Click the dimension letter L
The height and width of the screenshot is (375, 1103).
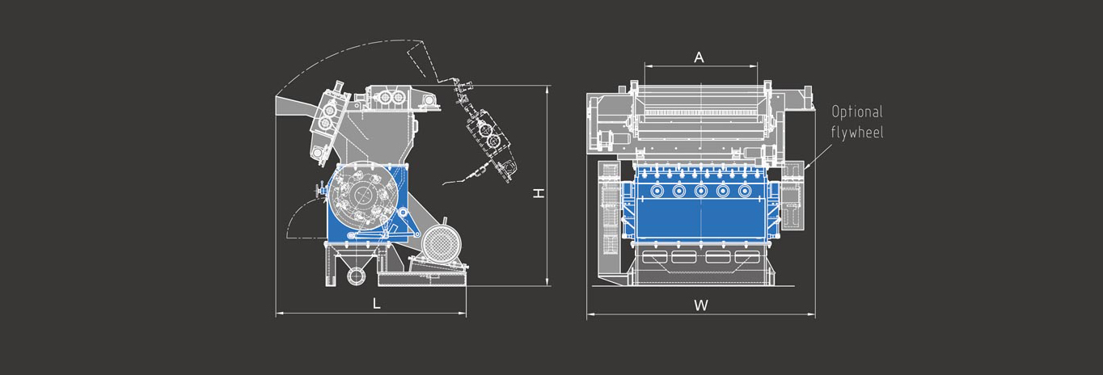click(x=377, y=304)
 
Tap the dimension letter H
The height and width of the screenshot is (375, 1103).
click(x=539, y=193)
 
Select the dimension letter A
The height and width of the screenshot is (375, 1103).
click(x=699, y=58)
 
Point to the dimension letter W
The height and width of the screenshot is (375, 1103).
click(x=701, y=305)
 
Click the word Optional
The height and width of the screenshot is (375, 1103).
click(x=857, y=112)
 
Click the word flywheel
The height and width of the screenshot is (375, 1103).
click(x=857, y=132)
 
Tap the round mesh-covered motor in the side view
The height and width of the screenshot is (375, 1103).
click(x=442, y=243)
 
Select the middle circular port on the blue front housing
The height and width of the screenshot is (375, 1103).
click(x=701, y=191)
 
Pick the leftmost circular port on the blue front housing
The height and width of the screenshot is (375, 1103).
click(x=657, y=191)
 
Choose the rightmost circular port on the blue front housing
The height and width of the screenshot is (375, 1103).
click(x=745, y=191)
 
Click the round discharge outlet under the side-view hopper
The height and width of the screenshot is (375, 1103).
click(x=356, y=276)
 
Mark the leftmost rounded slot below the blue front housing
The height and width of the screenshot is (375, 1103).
click(x=655, y=256)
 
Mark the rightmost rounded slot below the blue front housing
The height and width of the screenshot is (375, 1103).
click(x=747, y=256)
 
